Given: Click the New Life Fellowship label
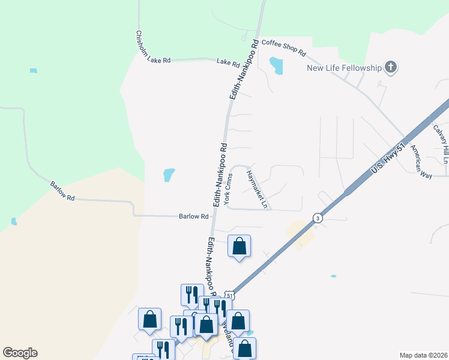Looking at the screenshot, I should point(344,68).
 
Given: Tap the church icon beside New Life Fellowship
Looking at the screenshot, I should point(391,67).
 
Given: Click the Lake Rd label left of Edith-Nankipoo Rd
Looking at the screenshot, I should point(228,62).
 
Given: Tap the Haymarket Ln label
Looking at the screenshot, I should point(257,190).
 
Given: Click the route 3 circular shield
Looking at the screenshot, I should point(316,218).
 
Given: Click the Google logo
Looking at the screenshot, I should point(20,353).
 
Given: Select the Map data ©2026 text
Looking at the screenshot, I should point(423,355).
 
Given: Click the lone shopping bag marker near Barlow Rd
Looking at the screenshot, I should point(239,246).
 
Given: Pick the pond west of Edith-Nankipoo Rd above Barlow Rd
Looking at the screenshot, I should point(169,175).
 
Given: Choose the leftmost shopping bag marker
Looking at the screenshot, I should point(149,319).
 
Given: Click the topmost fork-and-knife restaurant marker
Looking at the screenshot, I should point(191,294).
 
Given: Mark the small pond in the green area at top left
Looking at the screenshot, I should point(33,71).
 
